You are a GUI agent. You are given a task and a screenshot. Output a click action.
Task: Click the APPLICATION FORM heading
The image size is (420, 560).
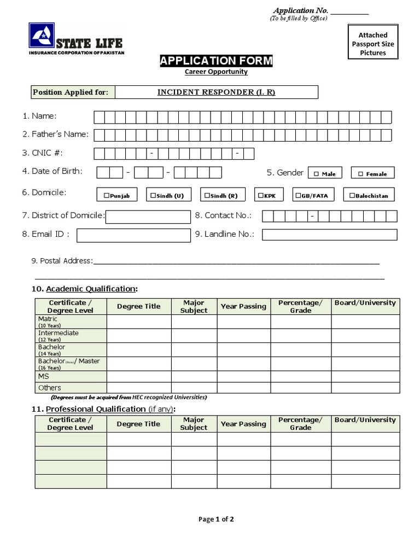coord(216,61)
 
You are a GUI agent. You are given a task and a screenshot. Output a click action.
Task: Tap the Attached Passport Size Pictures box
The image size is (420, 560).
coord(373,44)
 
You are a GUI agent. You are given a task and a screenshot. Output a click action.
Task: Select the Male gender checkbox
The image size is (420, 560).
coord(316,174)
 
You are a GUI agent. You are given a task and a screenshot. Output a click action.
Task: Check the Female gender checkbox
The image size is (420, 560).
coord(360,174)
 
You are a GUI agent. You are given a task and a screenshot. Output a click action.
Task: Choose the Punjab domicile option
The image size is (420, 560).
coord(106,195)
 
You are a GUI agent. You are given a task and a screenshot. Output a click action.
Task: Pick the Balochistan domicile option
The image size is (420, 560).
coord(351,195)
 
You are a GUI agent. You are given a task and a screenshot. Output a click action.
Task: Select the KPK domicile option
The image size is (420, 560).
coord(261,195)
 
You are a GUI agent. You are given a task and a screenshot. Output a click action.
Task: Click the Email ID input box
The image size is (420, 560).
coord(133,235)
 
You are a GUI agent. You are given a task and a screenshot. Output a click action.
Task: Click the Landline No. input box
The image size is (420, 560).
coord(329,235)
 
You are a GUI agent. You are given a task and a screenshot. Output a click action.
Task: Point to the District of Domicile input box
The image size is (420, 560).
coord(148,217)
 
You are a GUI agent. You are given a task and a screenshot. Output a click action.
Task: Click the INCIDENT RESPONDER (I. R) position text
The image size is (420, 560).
coord(216,92)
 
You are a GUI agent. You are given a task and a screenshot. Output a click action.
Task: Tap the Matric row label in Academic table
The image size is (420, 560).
coord(48,319)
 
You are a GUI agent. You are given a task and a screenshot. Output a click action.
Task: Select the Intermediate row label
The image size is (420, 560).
coord(58,333)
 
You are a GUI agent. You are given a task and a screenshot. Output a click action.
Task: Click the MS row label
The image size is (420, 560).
coord(44,377)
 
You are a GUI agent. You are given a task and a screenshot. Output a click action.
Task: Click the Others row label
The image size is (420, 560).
coord(50,388)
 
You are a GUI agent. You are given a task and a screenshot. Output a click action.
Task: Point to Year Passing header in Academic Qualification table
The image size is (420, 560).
coord(243,306)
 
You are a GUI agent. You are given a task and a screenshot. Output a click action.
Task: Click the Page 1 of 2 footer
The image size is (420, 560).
coord(216,520)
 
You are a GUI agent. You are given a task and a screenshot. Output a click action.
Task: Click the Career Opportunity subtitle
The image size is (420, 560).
coord(216,72)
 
